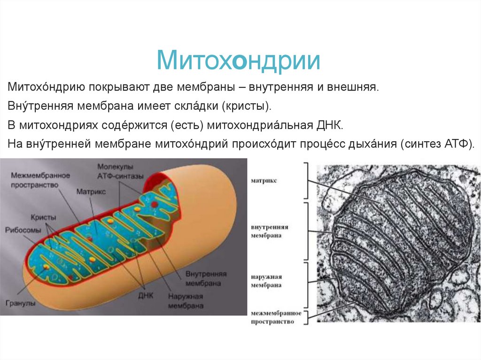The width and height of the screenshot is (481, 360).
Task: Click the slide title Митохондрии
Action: [239, 62]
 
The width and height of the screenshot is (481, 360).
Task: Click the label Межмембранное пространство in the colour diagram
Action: [39, 180]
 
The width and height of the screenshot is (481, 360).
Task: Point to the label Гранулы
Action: [21, 303]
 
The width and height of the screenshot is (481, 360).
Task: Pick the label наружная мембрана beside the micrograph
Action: [266, 280]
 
